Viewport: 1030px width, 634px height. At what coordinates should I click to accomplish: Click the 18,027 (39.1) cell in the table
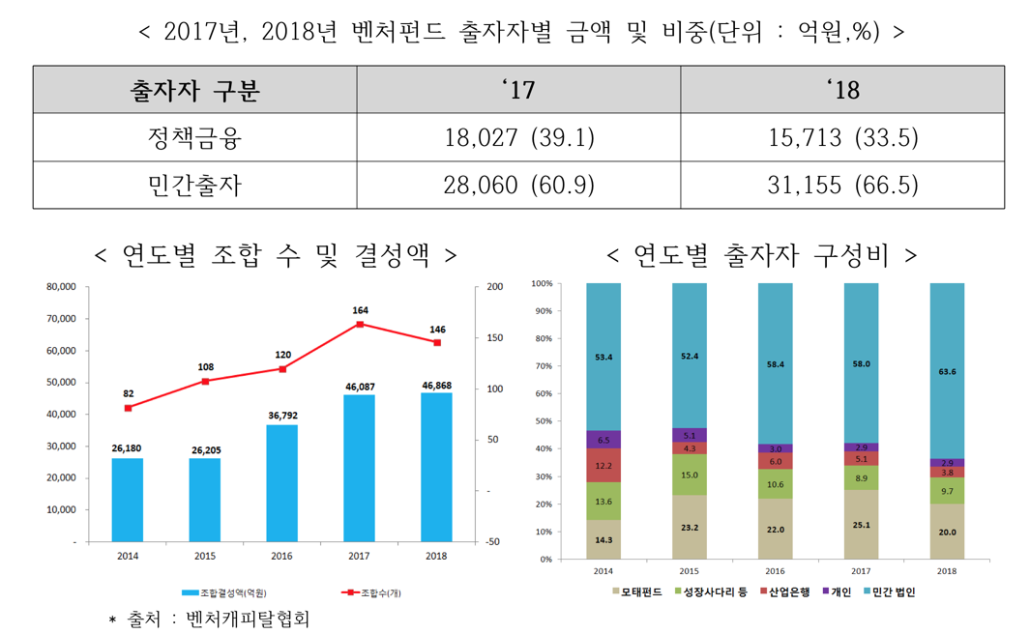click(x=518, y=137)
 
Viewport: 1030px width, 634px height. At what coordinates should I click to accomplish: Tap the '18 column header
click(x=842, y=90)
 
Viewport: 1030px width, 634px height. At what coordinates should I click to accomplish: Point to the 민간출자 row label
click(x=194, y=185)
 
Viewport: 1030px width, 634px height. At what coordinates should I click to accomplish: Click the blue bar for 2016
click(x=281, y=483)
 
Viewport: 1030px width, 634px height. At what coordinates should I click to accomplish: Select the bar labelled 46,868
click(x=436, y=467)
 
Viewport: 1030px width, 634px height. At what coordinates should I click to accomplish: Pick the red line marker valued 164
click(x=360, y=324)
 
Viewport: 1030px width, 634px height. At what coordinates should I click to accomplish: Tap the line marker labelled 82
click(x=128, y=408)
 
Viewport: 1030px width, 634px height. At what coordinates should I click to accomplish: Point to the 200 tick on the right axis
click(x=494, y=287)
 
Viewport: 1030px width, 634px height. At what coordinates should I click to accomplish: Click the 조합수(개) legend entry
click(x=372, y=592)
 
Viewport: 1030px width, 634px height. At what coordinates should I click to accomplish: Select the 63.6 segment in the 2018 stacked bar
click(x=947, y=371)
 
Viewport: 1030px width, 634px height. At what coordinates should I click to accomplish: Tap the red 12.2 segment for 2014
click(x=603, y=465)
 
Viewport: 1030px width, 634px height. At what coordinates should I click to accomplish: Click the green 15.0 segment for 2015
click(x=689, y=475)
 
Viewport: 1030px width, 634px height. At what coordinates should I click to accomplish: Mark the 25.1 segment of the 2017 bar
click(x=861, y=525)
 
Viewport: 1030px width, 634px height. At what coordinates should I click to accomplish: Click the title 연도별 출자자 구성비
click(x=762, y=255)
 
